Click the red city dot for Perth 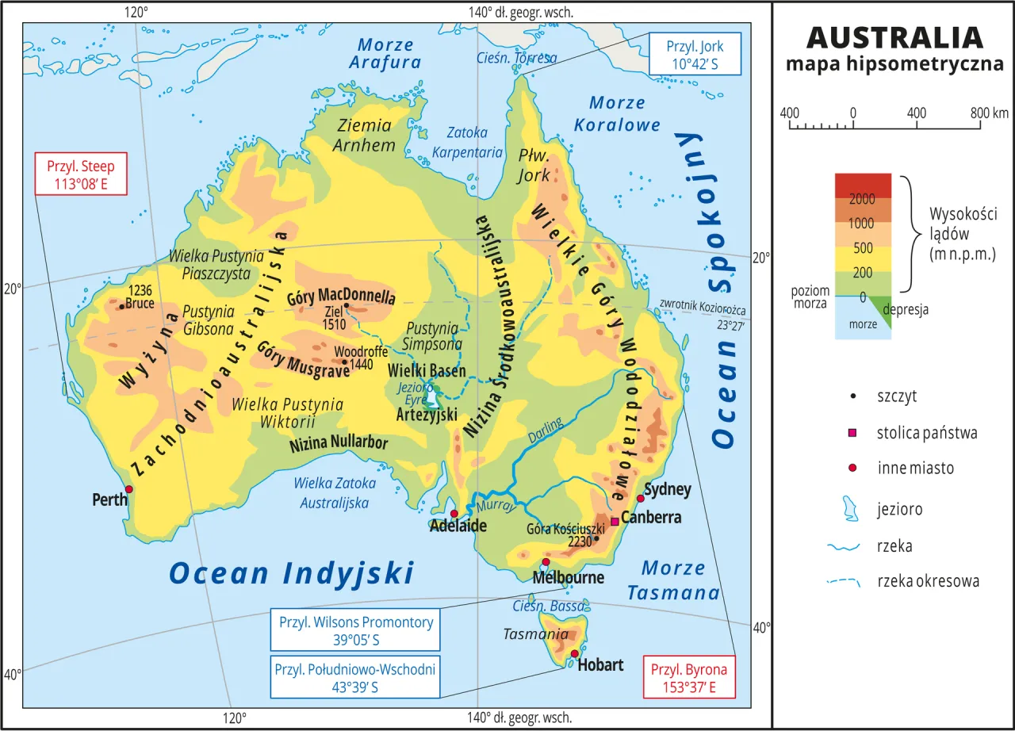click(x=128, y=489)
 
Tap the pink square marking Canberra click(x=615, y=522)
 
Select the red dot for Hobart click(x=574, y=653)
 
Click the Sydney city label click(x=668, y=489)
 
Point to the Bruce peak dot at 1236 click(x=121, y=305)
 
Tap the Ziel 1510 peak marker click(x=347, y=305)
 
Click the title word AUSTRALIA click(x=894, y=37)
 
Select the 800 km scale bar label click(x=988, y=113)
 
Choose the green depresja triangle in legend click(x=882, y=308)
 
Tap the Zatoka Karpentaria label click(x=474, y=142)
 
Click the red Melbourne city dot click(x=546, y=562)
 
